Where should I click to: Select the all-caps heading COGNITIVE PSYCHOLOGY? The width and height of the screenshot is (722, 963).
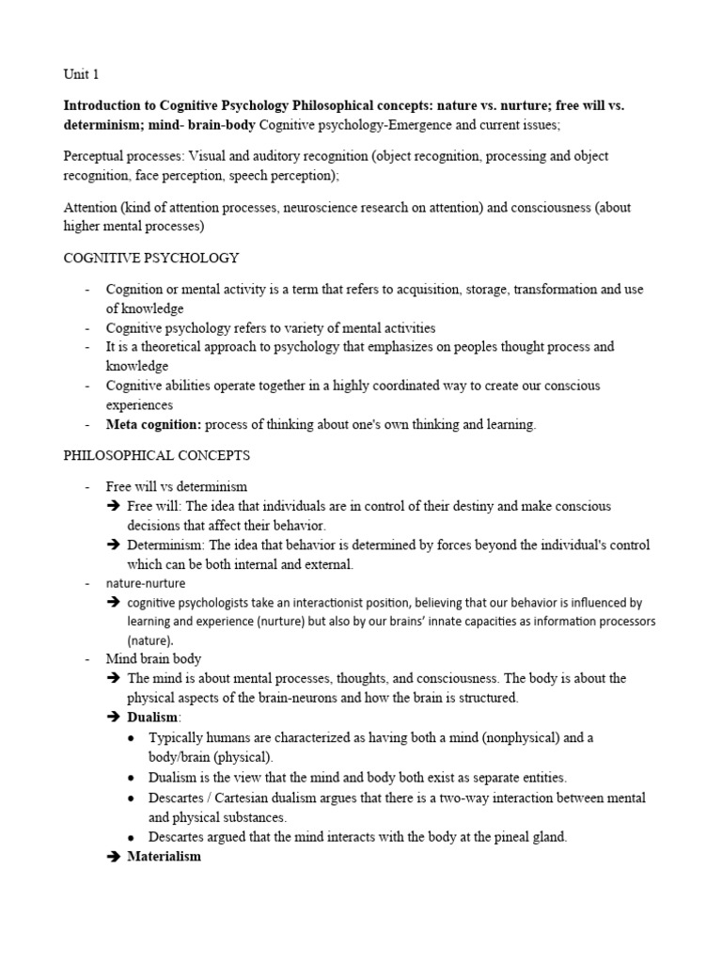pos(151,258)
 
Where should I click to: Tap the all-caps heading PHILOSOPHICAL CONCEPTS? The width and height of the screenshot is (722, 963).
pos(157,455)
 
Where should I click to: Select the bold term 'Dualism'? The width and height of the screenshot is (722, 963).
pos(152,717)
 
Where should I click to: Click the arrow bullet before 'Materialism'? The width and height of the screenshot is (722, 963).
pos(115,857)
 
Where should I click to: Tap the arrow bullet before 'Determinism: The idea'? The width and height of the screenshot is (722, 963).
pos(115,545)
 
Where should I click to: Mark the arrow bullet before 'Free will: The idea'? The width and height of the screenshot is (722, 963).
pos(115,506)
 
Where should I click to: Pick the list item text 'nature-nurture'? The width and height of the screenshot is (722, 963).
pos(146,583)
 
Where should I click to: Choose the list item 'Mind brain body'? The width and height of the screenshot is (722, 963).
pos(153,658)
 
